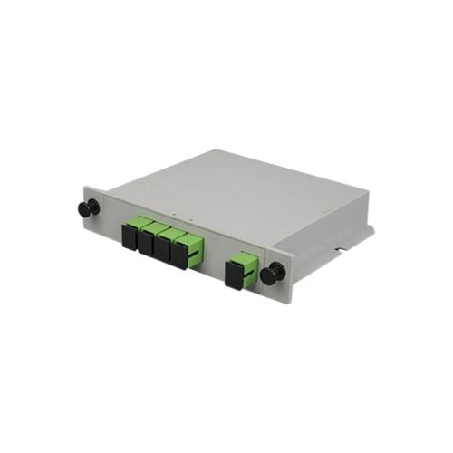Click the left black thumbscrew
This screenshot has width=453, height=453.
84,209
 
